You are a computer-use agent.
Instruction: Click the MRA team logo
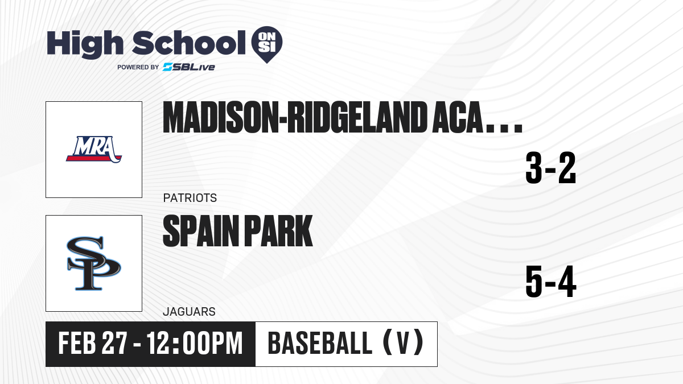pos(94,149)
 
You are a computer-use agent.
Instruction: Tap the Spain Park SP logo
pos(94,263)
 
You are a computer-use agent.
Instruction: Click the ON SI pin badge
pos(267,44)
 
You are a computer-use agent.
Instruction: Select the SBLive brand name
pos(189,67)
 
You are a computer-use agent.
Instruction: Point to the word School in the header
pos(189,43)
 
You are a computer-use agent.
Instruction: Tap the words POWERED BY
pos(138,67)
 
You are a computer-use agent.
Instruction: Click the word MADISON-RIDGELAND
pos(295,117)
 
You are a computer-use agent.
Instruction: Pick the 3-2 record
pos(551,168)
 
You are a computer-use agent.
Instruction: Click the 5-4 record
pos(551,282)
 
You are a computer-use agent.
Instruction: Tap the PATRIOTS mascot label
pos(190,198)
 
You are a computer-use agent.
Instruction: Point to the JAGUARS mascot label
pos(190,312)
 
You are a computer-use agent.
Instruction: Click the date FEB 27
pos(92,343)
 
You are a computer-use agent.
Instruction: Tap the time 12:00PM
pos(195,343)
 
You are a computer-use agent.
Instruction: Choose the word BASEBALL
pos(320,343)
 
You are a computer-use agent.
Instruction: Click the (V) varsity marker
pos(403,343)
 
